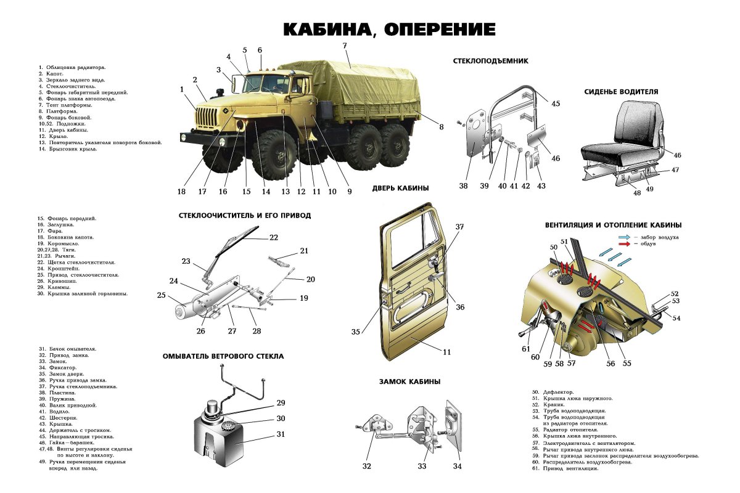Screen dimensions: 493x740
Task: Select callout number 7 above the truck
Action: point(345,46)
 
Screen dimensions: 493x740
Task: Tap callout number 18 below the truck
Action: point(181,191)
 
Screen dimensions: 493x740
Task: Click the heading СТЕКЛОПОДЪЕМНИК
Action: point(490,61)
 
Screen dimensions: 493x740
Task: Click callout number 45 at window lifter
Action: point(556,104)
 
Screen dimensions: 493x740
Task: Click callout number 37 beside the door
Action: point(459,227)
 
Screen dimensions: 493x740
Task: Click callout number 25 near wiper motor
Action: point(162,295)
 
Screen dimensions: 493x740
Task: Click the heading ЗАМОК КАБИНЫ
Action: point(409,381)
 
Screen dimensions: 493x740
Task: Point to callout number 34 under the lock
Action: point(457,466)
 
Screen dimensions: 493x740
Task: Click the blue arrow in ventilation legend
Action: point(624,237)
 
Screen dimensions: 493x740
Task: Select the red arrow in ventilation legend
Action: point(624,244)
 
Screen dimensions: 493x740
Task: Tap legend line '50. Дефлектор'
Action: point(553,391)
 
